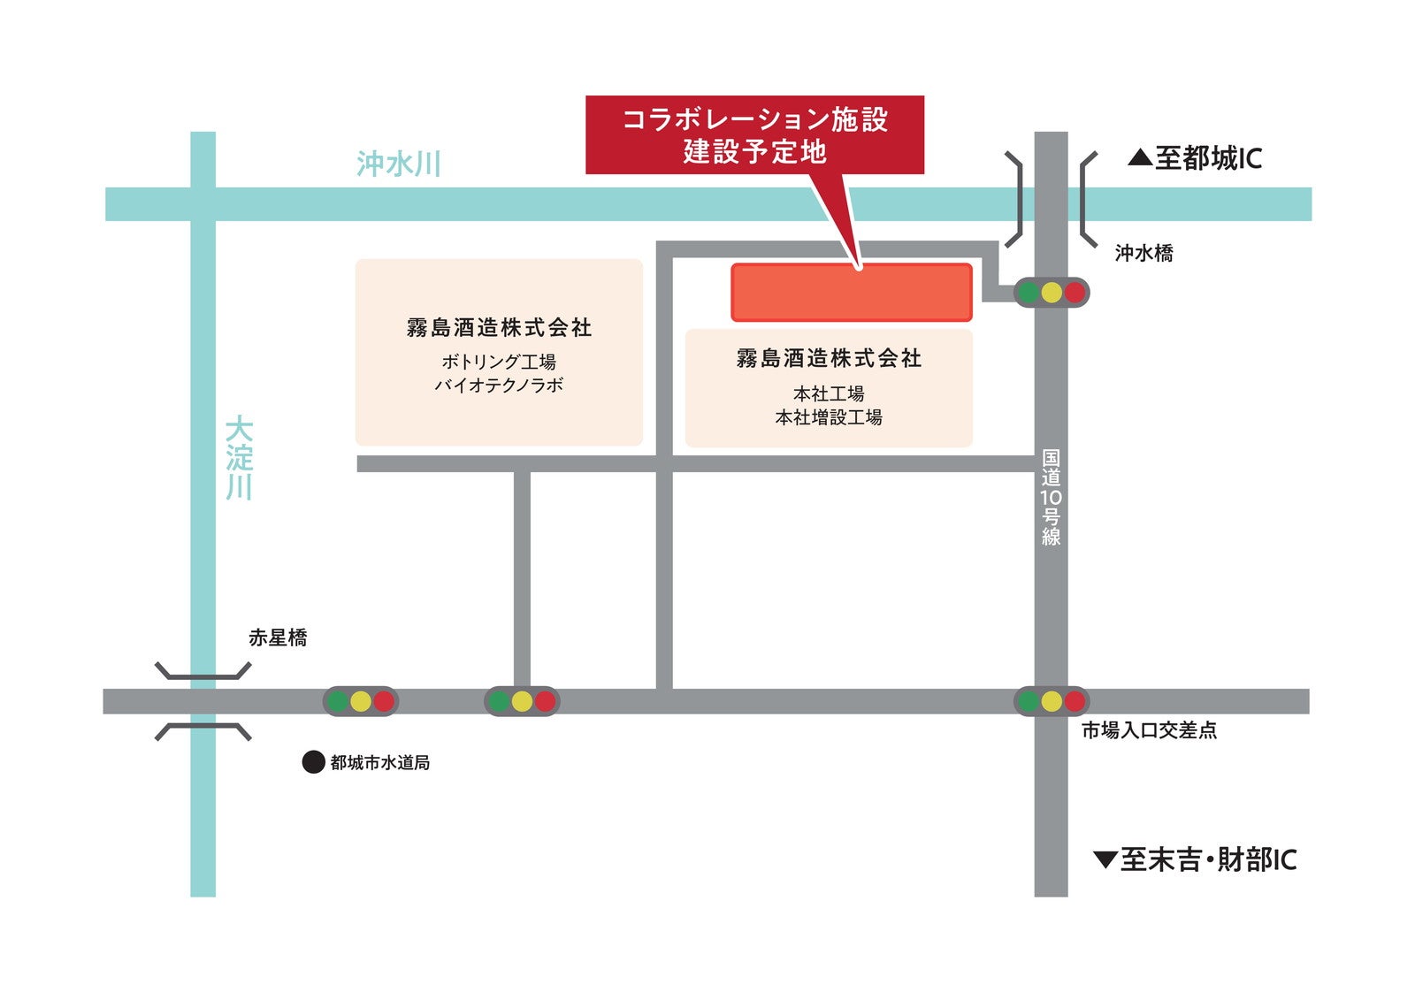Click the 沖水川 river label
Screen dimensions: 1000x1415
coord(398,164)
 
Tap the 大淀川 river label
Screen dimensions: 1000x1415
coord(239,458)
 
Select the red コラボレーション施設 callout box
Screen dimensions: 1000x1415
coord(754,134)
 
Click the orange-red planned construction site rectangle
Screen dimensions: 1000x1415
coord(851,292)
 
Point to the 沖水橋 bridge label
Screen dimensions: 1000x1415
coord(1143,253)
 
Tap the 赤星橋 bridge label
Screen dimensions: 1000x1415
coord(278,637)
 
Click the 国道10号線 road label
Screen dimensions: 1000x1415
coord(1051,498)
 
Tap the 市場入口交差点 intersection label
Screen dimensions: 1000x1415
coord(1149,730)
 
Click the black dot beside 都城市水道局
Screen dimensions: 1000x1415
coord(313,762)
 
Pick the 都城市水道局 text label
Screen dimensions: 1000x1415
coord(380,762)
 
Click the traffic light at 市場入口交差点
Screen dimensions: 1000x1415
coord(1051,701)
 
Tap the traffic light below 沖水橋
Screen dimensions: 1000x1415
coord(1051,293)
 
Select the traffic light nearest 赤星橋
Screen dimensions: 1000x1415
coord(360,701)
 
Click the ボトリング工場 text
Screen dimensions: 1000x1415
coord(499,362)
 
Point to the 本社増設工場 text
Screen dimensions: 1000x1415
coord(829,417)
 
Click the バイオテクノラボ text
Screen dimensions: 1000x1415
coord(499,385)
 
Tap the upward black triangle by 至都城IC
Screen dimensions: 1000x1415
coord(1140,158)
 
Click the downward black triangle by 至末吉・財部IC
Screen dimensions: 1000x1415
coord(1105,859)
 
